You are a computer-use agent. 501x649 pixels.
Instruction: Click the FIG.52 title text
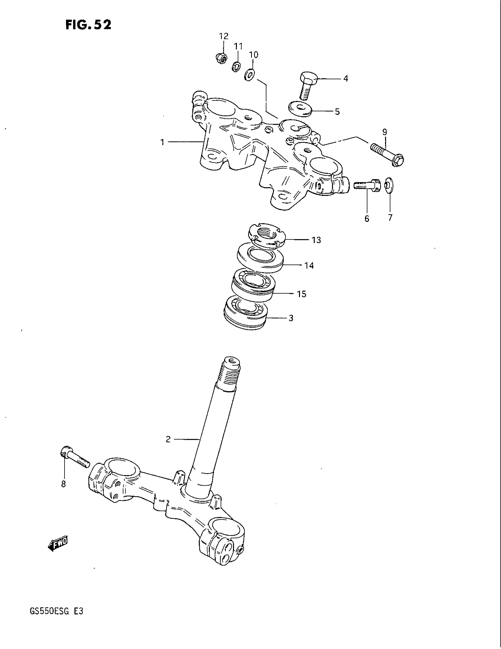point(88,25)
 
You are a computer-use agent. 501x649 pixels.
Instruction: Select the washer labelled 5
point(300,109)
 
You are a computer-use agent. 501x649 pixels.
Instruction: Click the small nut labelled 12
point(221,57)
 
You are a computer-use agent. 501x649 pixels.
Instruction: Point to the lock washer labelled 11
point(236,67)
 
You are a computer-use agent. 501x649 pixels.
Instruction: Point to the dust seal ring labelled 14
point(260,257)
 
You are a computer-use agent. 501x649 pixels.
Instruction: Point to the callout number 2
point(168,439)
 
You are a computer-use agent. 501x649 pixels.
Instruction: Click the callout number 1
point(162,142)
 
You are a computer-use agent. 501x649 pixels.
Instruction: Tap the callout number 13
point(316,240)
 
